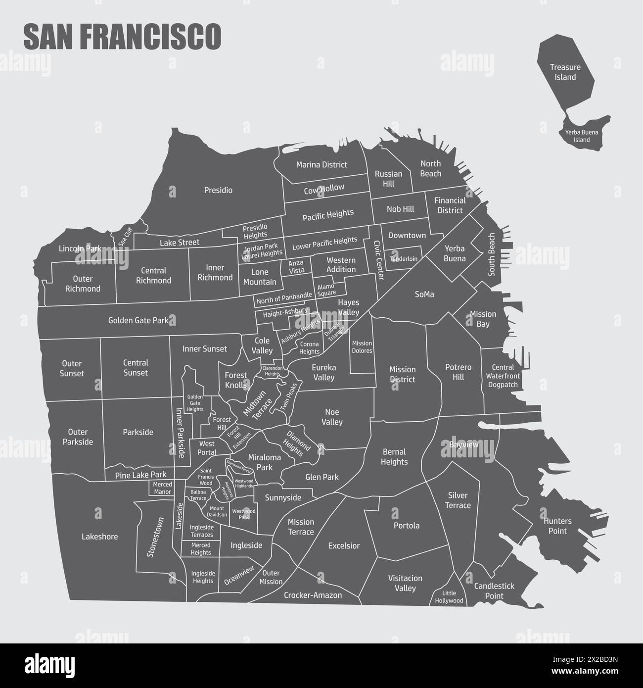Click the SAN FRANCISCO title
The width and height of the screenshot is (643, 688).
[122, 37]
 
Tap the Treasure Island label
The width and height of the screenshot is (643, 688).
[565, 72]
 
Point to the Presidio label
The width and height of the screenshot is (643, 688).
[218, 190]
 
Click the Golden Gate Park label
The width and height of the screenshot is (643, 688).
[138, 321]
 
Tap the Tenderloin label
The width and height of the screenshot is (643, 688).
[403, 259]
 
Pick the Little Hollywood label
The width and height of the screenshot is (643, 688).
[449, 597]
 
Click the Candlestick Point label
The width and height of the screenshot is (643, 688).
[494, 591]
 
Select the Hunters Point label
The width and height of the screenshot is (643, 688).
[557, 526]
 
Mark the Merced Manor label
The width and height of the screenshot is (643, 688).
[162, 488]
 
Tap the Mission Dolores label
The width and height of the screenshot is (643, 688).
[362, 347]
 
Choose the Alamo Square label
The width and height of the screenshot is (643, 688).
[326, 290]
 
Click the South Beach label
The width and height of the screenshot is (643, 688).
[491, 254]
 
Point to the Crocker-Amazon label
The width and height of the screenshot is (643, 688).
[313, 595]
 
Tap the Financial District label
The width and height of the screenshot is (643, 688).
[450, 205]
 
